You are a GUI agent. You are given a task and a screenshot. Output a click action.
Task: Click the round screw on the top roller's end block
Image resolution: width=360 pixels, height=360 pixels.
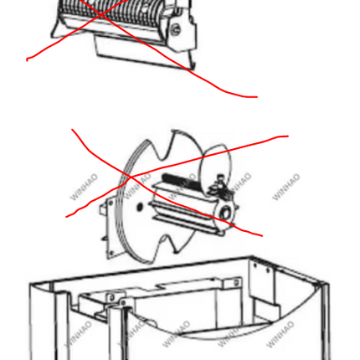(176, 29)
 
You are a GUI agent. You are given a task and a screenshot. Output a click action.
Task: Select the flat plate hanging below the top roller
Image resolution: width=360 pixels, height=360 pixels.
(144, 53)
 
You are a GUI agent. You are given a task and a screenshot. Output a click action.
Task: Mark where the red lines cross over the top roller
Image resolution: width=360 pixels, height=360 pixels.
(100, 13)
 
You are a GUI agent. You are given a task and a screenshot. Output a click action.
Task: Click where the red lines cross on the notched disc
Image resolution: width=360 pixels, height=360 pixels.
(131, 177)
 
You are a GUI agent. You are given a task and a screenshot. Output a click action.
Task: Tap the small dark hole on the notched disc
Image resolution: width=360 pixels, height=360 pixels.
(140, 207)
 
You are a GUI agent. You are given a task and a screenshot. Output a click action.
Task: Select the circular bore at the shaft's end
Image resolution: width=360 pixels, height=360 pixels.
(225, 213)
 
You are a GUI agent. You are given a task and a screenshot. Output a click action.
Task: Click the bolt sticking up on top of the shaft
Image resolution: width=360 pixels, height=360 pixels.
(220, 180)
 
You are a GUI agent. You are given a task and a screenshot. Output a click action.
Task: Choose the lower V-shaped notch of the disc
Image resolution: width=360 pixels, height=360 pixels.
(167, 245)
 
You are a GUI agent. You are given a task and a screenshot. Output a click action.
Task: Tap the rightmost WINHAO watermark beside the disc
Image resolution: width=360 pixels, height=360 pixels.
(285, 187)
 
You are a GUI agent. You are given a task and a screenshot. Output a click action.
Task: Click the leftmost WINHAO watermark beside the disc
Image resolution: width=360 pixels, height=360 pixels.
(84, 187)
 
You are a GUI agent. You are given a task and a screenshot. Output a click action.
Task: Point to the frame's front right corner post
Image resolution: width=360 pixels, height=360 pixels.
(324, 321)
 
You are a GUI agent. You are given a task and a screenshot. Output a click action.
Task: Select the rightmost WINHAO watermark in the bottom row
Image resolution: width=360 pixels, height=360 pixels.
(280, 334)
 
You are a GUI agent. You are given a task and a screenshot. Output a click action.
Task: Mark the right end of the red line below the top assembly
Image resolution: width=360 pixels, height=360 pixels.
(257, 97)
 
